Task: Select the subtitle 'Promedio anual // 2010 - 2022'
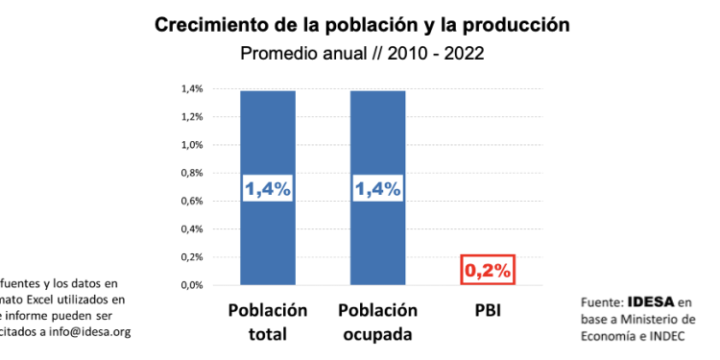[361, 54]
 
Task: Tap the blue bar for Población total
[268, 144]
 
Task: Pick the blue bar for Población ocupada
[377, 144]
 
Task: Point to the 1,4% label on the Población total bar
[268, 189]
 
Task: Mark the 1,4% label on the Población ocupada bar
[377, 189]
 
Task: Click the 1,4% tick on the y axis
[192, 89]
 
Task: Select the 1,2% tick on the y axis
[192, 117]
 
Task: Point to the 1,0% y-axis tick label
[192, 145]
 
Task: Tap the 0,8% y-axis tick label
[192, 173]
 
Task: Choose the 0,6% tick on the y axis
[192, 201]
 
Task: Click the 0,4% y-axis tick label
[192, 229]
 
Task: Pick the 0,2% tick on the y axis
[192, 257]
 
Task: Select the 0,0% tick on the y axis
[192, 285]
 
